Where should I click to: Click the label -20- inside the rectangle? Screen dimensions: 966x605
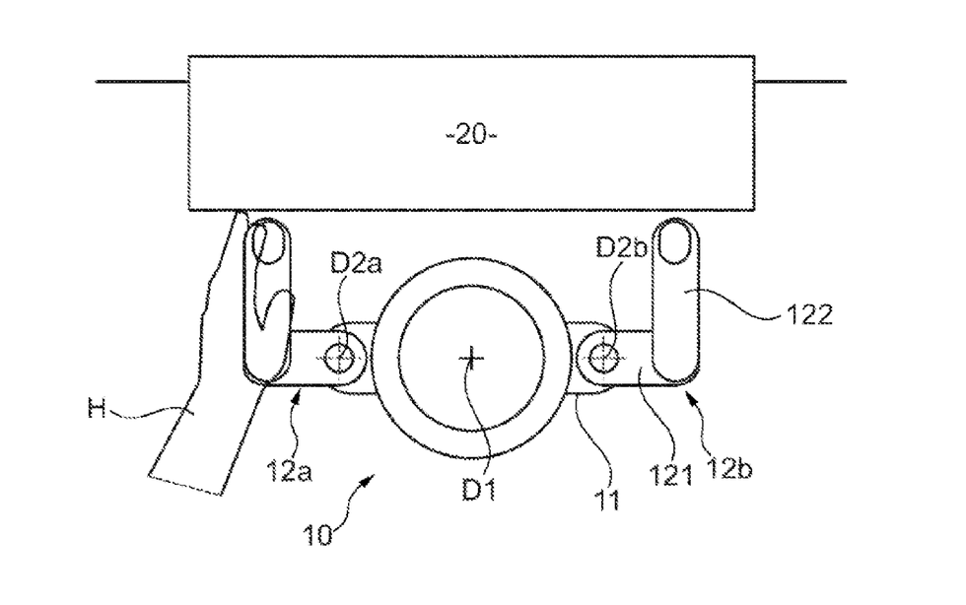(x=471, y=134)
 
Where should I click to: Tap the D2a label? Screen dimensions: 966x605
(x=356, y=263)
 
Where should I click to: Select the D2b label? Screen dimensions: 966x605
(x=621, y=247)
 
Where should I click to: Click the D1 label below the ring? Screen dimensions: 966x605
(x=479, y=490)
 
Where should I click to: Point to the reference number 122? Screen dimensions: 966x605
(x=809, y=315)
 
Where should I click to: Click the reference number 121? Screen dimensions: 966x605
(x=671, y=475)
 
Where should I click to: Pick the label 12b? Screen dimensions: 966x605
(x=729, y=469)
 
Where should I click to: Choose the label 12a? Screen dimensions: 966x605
(x=289, y=471)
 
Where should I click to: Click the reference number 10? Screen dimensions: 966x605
(x=318, y=535)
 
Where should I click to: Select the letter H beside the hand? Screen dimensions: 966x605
(x=97, y=408)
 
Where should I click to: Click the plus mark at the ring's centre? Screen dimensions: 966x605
(x=472, y=358)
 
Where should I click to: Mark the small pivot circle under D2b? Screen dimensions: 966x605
(x=603, y=358)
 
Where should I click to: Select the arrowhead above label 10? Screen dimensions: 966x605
(x=367, y=479)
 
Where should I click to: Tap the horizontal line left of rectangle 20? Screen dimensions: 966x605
(x=142, y=81)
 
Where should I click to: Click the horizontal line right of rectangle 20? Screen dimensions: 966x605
(x=800, y=81)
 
